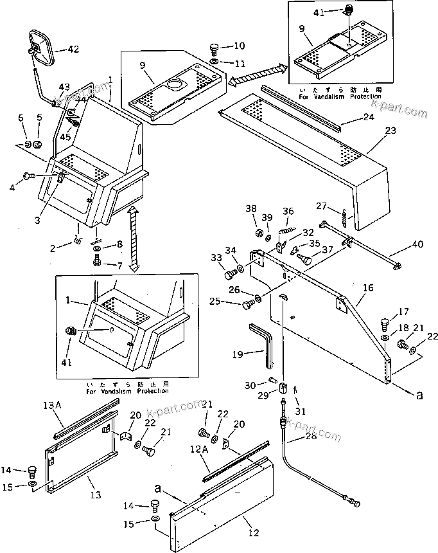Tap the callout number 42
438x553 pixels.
pyautogui.click(x=73, y=50)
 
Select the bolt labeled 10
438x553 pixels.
pyautogui.click(x=215, y=49)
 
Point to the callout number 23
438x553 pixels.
pyautogui.click(x=373, y=131)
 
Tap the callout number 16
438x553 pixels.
pyautogui.click(x=368, y=288)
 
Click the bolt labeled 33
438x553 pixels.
pyautogui.click(x=230, y=276)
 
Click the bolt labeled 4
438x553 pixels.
pyautogui.click(x=28, y=174)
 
